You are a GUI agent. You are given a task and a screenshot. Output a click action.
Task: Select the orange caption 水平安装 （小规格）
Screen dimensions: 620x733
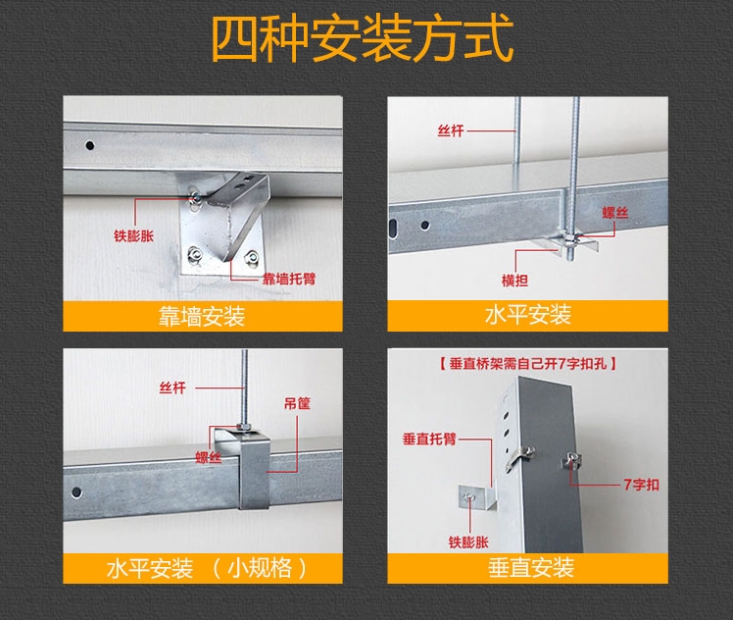[x=207, y=568]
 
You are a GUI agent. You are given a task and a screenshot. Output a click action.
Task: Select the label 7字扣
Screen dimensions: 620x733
[x=641, y=485]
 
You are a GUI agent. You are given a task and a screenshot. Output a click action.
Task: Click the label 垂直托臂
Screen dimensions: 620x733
[x=425, y=439]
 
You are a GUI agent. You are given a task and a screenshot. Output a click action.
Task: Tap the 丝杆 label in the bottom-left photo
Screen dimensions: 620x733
[x=171, y=388]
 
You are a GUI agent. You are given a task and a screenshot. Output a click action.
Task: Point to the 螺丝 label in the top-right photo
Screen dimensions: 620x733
[x=616, y=212]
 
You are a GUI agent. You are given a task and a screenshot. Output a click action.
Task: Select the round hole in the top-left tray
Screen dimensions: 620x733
[x=89, y=145]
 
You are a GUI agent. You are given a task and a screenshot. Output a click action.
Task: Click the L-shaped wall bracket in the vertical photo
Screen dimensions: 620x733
[x=481, y=496]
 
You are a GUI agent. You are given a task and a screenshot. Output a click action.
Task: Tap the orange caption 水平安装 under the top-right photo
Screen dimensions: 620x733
[x=527, y=316]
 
